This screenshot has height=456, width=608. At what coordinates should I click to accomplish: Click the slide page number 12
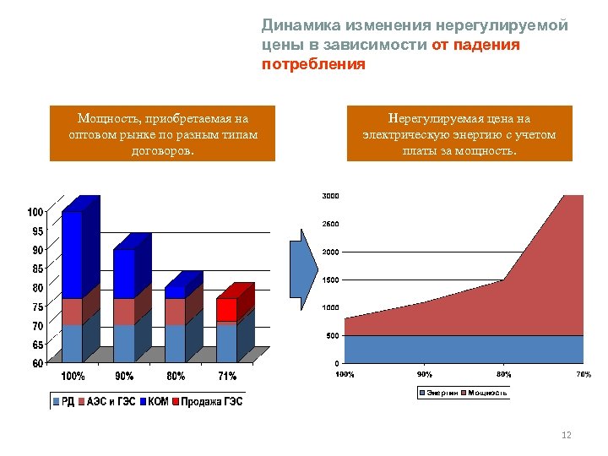tap(567, 435)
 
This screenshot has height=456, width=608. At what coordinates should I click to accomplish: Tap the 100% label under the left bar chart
tap(72, 376)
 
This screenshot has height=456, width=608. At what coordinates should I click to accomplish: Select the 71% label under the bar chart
tap(226, 376)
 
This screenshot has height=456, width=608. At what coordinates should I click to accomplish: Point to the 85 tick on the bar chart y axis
tap(37, 269)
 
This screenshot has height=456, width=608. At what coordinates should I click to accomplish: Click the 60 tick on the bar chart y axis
tap(37, 364)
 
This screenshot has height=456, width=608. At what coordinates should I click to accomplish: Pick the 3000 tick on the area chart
tap(330, 196)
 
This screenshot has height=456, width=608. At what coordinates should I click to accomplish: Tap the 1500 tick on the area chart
tap(330, 280)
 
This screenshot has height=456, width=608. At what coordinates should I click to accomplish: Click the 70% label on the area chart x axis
tap(583, 374)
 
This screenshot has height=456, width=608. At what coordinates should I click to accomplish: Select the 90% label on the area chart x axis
tap(424, 374)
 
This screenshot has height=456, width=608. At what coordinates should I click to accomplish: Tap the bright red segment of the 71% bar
tap(226, 309)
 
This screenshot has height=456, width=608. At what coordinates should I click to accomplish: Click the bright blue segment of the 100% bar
tap(72, 253)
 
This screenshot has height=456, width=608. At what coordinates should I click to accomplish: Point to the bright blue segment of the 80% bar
tap(175, 292)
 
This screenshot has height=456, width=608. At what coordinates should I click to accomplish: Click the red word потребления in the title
tap(313, 63)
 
